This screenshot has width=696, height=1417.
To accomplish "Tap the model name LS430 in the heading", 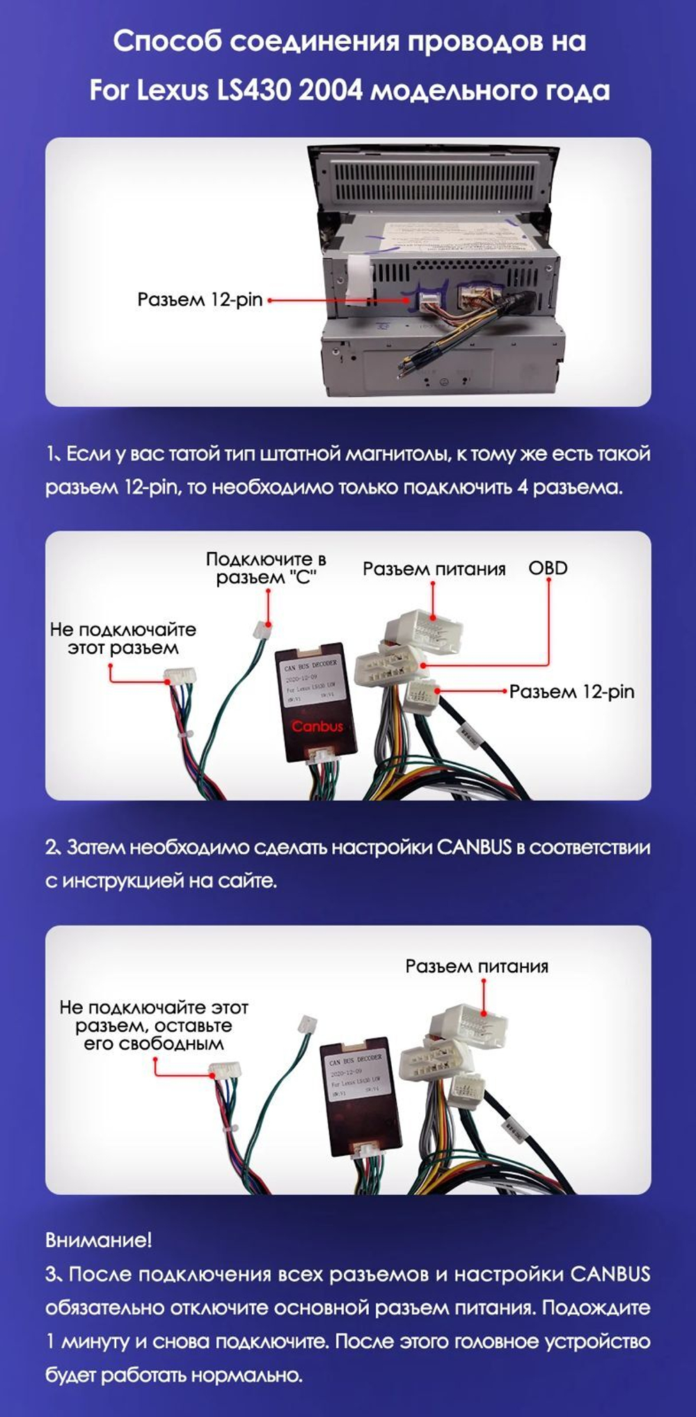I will click(x=253, y=90).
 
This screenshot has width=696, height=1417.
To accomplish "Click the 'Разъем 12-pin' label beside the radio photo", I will click(x=200, y=300).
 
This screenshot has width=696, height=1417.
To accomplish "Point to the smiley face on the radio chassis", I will click(x=442, y=382).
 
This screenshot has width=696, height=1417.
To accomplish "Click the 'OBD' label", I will click(x=548, y=568).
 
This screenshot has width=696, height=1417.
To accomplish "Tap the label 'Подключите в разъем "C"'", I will click(x=266, y=569).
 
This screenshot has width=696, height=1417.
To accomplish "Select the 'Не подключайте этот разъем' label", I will click(x=123, y=639).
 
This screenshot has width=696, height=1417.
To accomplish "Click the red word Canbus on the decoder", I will click(x=317, y=727).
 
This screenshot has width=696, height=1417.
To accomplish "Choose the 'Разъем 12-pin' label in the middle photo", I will click(x=571, y=692).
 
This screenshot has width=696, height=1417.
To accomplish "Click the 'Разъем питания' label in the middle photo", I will click(x=434, y=569).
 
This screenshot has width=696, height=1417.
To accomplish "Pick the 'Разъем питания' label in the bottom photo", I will click(x=477, y=966).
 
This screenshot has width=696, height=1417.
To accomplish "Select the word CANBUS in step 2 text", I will click(x=474, y=848).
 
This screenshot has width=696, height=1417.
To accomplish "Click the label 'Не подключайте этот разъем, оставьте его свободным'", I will click(x=154, y=1025).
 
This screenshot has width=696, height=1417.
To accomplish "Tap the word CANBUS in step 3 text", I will click(x=610, y=1274).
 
